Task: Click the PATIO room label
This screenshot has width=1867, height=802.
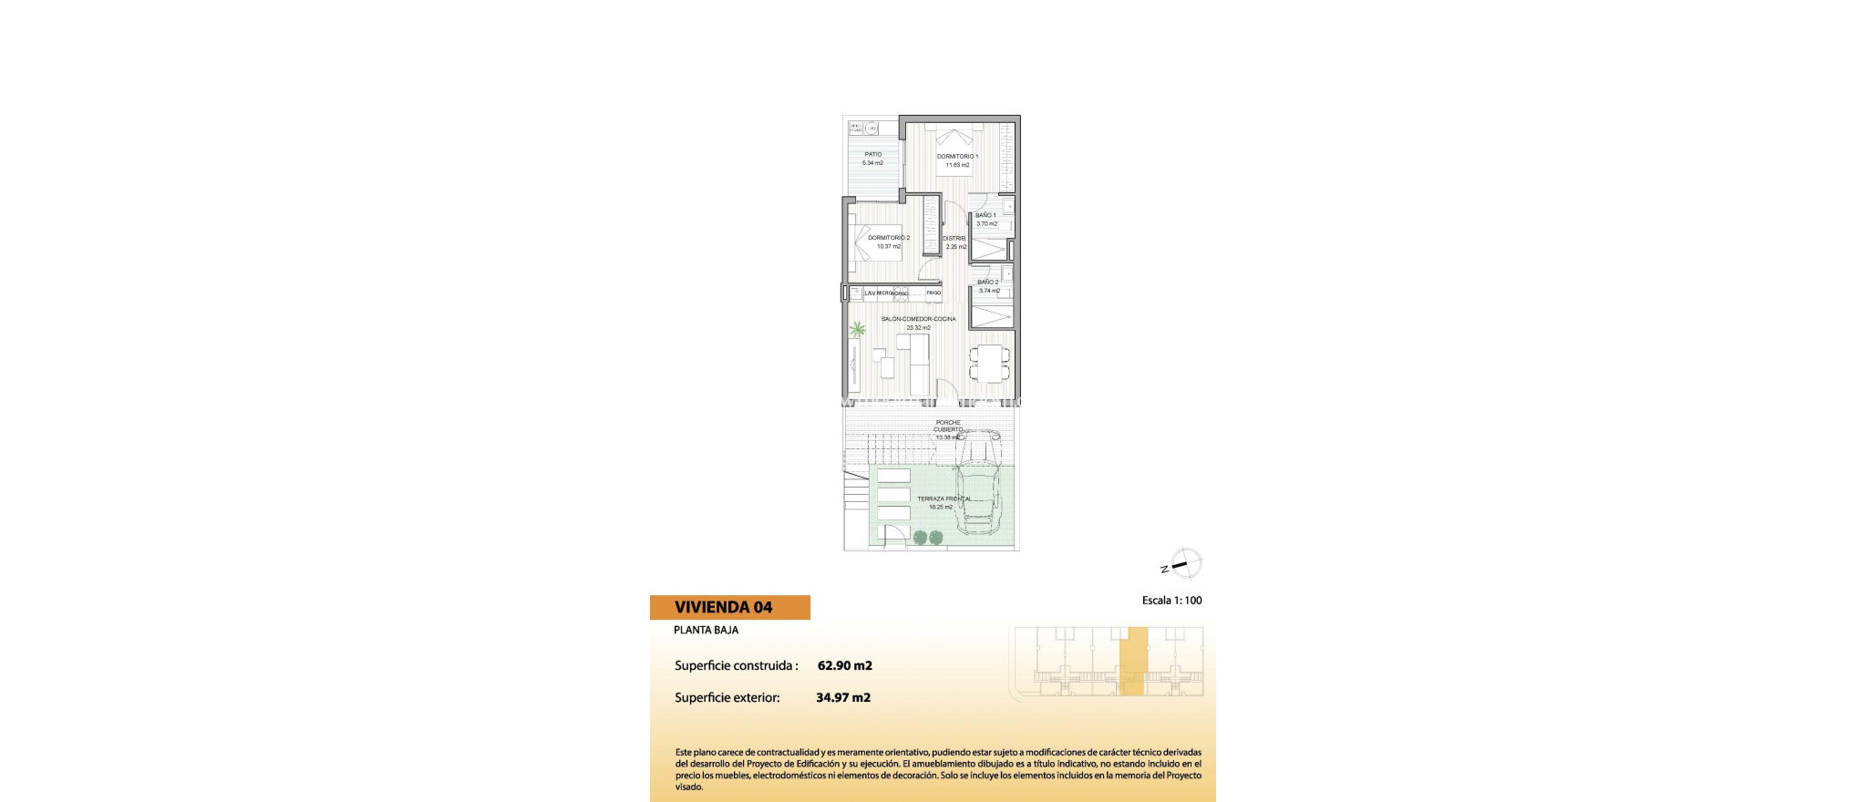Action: pos(872,154)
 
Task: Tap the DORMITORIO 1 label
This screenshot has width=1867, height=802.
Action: pos(957,157)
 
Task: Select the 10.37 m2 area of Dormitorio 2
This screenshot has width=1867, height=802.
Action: pos(889,246)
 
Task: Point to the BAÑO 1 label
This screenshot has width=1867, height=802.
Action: pos(985,215)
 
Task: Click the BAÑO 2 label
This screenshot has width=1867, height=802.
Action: pos(988,283)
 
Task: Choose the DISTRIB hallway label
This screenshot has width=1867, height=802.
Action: pos(954,239)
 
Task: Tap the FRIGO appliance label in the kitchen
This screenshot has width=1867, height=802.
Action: pos(933,293)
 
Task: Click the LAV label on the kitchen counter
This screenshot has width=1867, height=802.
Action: pos(870,293)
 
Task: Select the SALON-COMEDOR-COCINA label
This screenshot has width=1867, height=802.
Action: pos(919,319)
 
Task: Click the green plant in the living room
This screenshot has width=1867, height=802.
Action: pos(857,330)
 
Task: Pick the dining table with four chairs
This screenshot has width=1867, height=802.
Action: pos(989,363)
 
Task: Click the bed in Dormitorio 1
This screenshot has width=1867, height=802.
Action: pos(954,145)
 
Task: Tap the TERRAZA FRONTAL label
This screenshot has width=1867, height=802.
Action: pos(944,499)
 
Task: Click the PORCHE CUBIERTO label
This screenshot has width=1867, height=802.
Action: pos(948,426)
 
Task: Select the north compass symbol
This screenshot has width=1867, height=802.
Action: pos(1185,564)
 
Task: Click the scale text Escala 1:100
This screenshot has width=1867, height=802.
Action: pos(1171,601)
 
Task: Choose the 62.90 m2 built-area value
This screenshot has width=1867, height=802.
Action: pos(844,665)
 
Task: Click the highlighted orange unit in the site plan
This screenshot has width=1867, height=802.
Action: pos(1133,663)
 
